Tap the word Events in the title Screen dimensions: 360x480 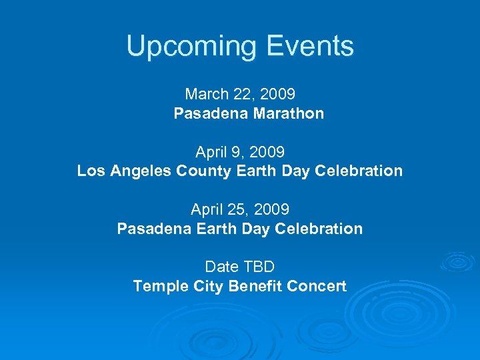point(309,46)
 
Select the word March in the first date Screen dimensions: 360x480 point(207,95)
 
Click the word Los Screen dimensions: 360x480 point(90,171)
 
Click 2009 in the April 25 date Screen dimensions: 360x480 point(273,209)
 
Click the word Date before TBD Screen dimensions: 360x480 point(222,267)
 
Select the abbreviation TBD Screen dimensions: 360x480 point(259,267)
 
